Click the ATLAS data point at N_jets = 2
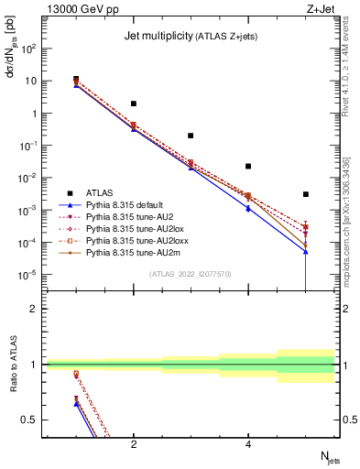pyautogui.click(x=134, y=104)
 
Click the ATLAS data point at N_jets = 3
pyautogui.click(x=191, y=136)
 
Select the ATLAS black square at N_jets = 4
pyautogui.click(x=248, y=167)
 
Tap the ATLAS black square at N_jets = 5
pyautogui.click(x=306, y=194)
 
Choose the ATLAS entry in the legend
pyautogui.click(x=100, y=192)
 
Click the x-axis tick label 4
pyautogui.click(x=248, y=443)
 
